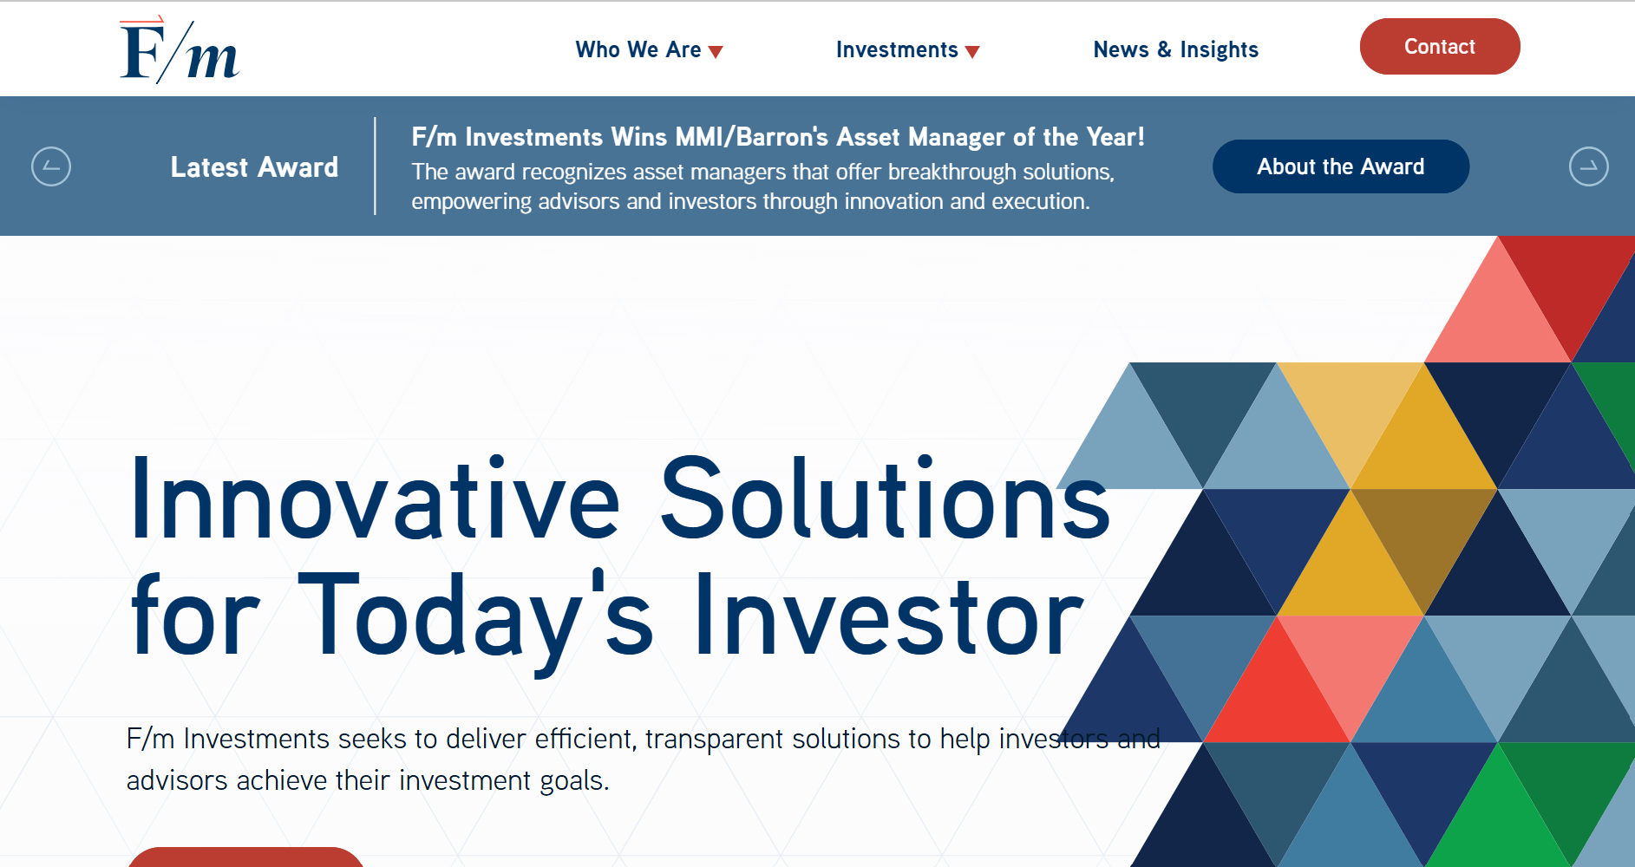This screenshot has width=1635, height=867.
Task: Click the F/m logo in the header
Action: click(x=180, y=50)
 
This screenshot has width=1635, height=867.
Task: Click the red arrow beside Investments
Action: click(x=972, y=52)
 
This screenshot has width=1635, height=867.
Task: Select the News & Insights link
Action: click(x=1175, y=50)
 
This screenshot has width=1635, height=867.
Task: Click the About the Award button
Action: click(x=1340, y=166)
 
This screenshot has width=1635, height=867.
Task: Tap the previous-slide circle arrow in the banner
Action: click(x=51, y=166)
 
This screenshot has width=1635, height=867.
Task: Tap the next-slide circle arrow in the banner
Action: click(x=1588, y=166)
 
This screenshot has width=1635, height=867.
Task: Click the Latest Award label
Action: click(x=254, y=167)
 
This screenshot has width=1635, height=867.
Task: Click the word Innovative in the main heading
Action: click(x=375, y=499)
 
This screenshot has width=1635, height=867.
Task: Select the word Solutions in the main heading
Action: click(x=885, y=499)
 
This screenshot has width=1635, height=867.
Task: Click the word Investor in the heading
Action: click(x=890, y=616)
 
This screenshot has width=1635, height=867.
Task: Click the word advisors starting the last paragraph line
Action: click(x=177, y=780)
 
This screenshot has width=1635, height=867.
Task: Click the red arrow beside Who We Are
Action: click(x=716, y=52)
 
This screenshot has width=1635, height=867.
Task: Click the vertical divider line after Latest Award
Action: click(x=375, y=166)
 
